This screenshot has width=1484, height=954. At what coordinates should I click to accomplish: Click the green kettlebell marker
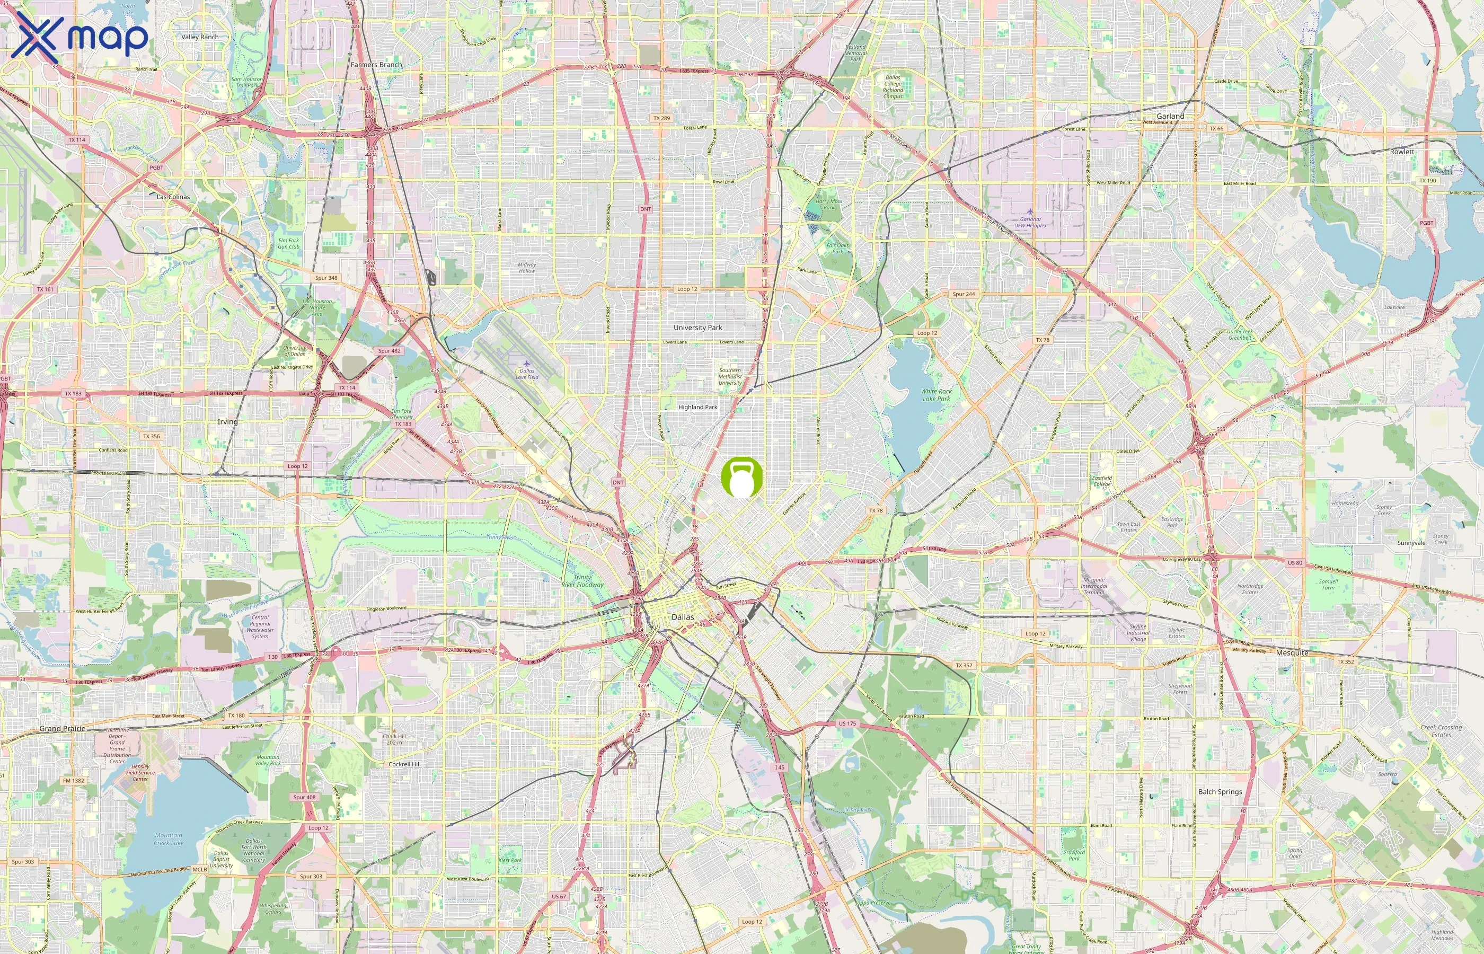pyautogui.click(x=741, y=478)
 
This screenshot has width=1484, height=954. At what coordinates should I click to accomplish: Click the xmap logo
pyautogui.click(x=79, y=37)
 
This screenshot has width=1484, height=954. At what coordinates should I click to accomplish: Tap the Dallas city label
pyautogui.click(x=683, y=617)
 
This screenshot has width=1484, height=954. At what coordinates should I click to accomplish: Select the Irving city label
pyautogui.click(x=227, y=422)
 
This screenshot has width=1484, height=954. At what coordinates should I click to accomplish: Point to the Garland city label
pyautogui.click(x=1170, y=117)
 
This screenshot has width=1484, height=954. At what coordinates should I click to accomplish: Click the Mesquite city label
pyautogui.click(x=1292, y=653)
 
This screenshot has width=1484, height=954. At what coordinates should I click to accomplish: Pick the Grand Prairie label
pyautogui.click(x=62, y=729)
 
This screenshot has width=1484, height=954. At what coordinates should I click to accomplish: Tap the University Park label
pyautogui.click(x=697, y=328)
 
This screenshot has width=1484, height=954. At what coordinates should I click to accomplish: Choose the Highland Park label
pyautogui.click(x=697, y=408)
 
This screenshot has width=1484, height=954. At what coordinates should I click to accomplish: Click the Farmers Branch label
pyautogui.click(x=376, y=65)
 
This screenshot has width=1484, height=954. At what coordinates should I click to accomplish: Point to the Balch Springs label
pyautogui.click(x=1220, y=792)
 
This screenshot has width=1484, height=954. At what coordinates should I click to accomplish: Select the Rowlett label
pyautogui.click(x=1402, y=152)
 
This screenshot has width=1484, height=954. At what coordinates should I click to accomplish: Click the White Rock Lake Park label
pyautogui.click(x=936, y=395)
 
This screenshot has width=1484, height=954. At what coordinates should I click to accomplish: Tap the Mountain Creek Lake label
pyautogui.click(x=169, y=839)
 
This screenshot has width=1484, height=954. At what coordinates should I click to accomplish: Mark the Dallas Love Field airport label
pyautogui.click(x=527, y=374)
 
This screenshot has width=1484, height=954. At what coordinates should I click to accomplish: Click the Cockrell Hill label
pyautogui.click(x=404, y=764)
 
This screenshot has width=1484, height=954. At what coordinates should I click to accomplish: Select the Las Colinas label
pyautogui.click(x=173, y=197)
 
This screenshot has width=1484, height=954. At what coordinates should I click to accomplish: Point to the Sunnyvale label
pyautogui.click(x=1411, y=543)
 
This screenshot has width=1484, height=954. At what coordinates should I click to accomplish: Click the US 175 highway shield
pyautogui.click(x=846, y=723)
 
